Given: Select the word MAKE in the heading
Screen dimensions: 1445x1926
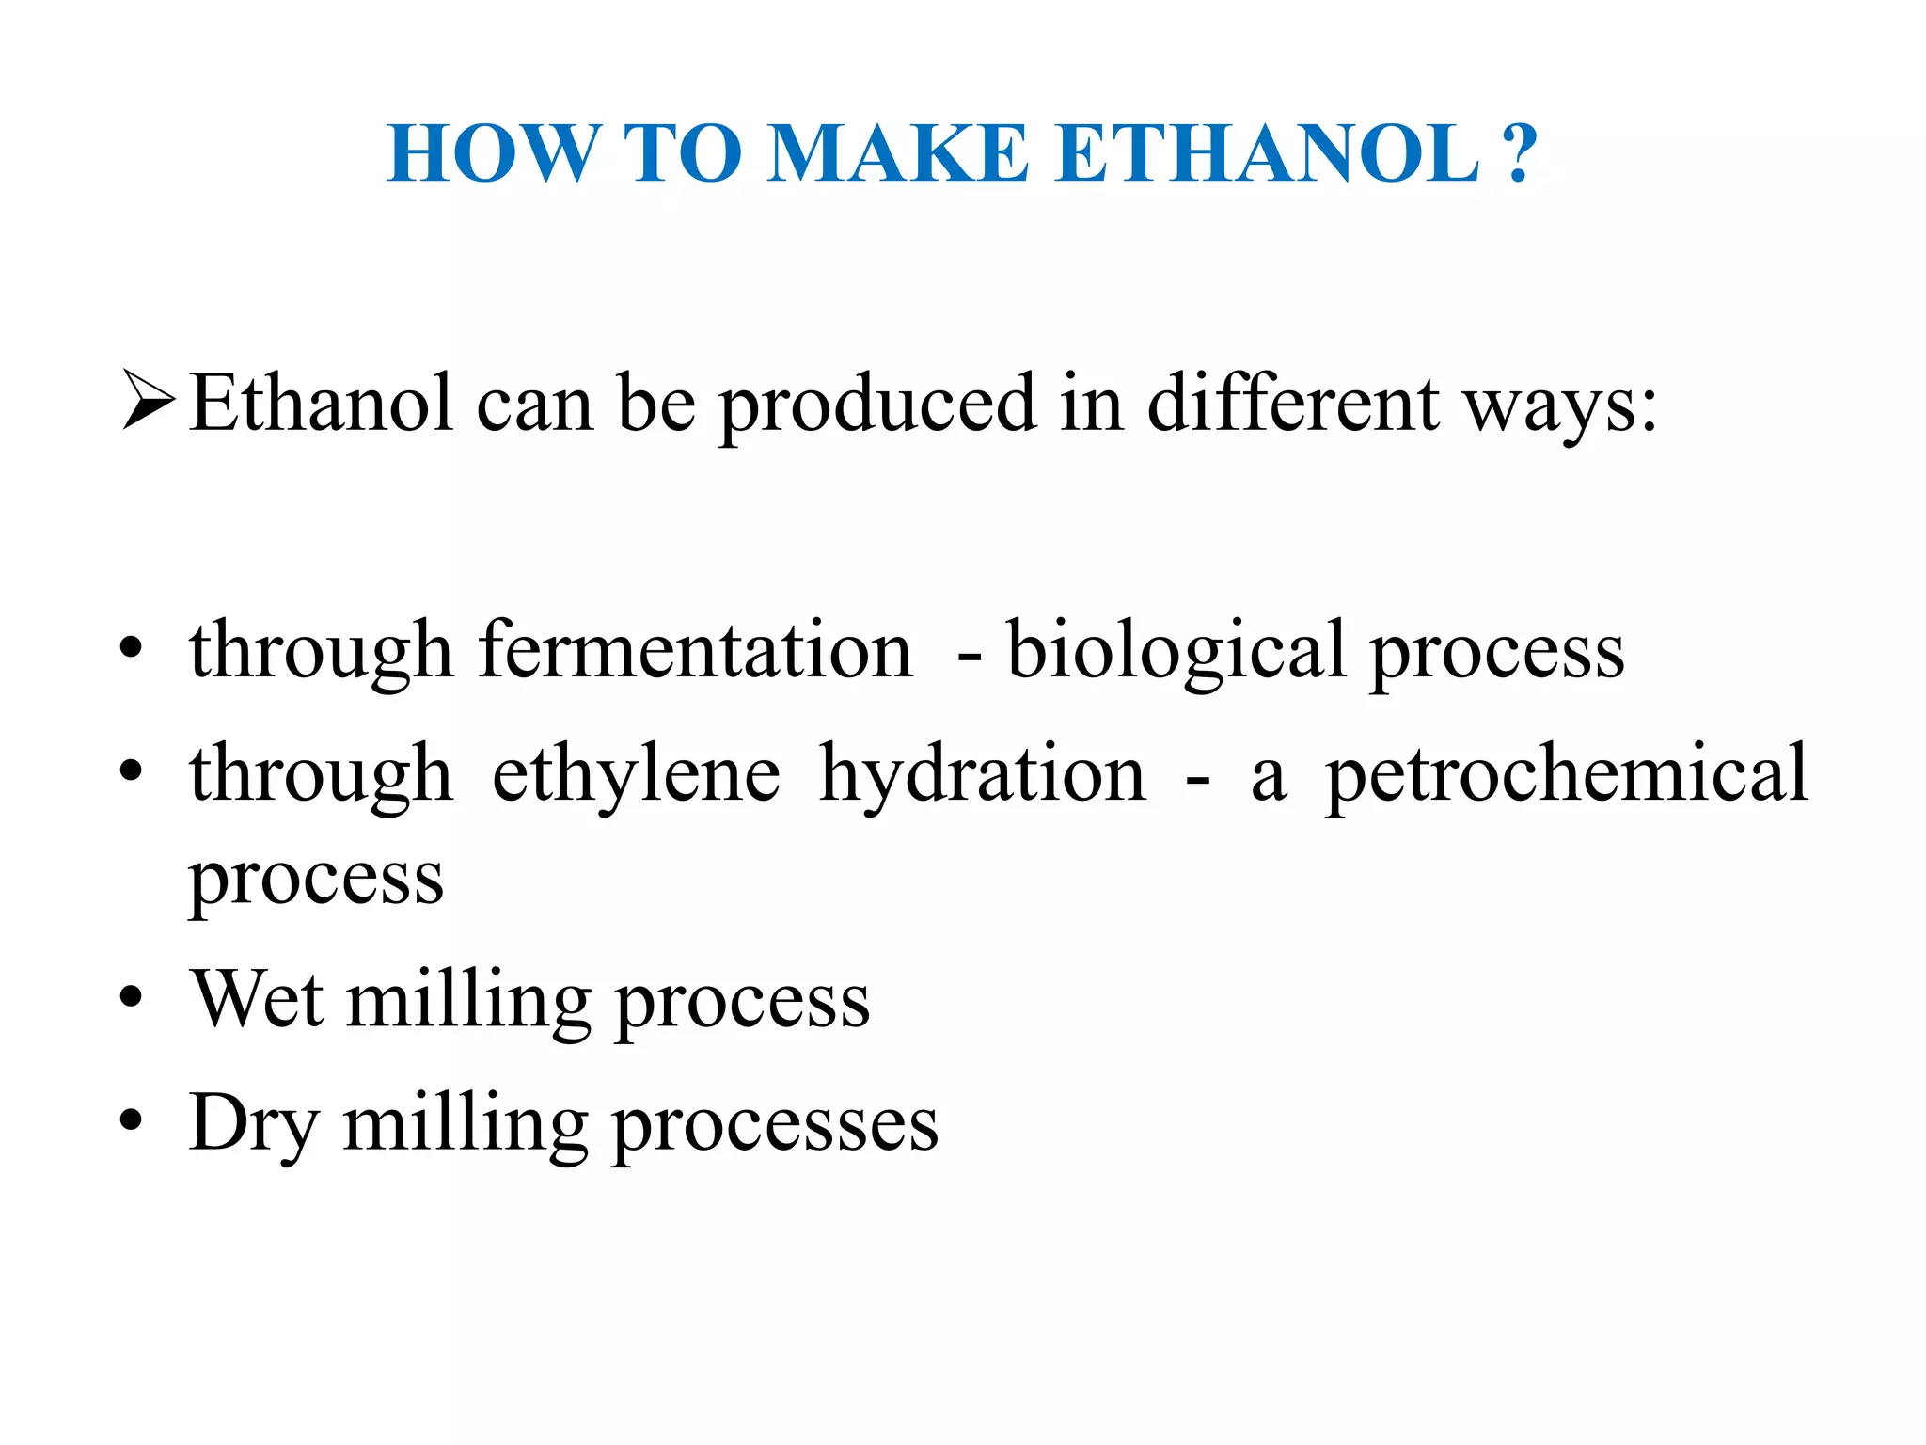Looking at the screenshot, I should click(x=898, y=154).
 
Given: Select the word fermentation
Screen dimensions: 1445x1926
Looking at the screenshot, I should click(x=695, y=651).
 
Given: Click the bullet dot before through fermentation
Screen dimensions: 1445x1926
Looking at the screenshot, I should click(x=132, y=649).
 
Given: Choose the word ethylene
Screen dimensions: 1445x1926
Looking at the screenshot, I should click(x=636, y=775).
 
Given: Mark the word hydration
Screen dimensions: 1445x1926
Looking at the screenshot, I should click(x=982, y=775).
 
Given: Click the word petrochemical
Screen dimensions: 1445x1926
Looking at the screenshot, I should click(x=1566, y=775).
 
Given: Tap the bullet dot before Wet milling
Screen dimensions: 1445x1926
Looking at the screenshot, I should click(x=132, y=997).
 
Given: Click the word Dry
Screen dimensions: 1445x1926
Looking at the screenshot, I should click(x=252, y=1125).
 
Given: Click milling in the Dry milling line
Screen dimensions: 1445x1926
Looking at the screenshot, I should click(x=466, y=1123).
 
